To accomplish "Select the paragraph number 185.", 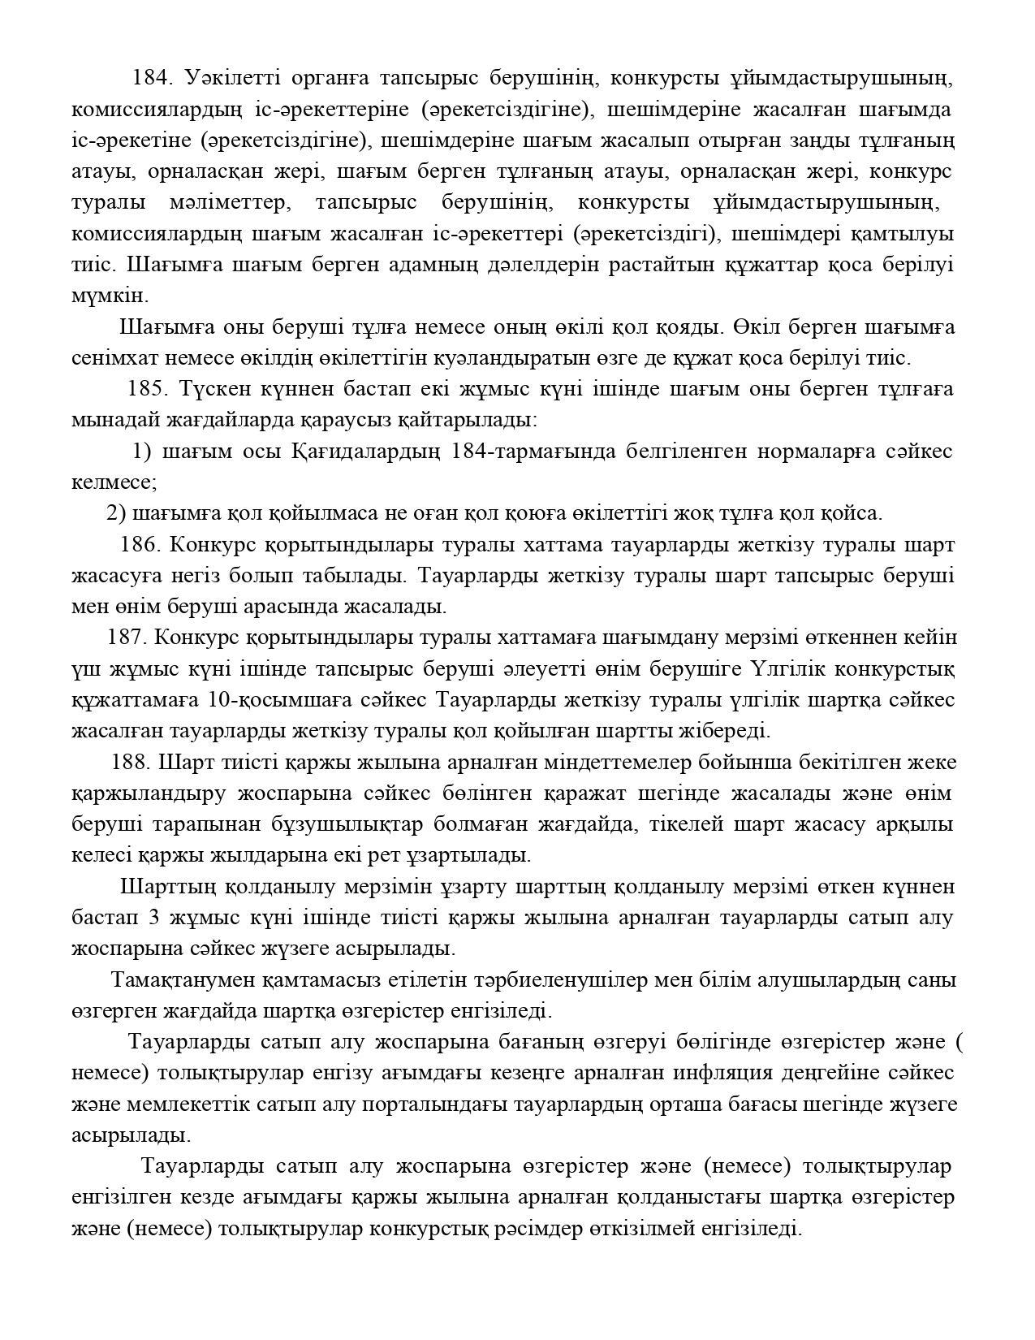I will click(x=147, y=389).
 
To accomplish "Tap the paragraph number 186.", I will click(x=140, y=544).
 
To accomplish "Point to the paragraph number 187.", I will click(x=127, y=638).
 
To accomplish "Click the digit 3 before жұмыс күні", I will click(x=154, y=919).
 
